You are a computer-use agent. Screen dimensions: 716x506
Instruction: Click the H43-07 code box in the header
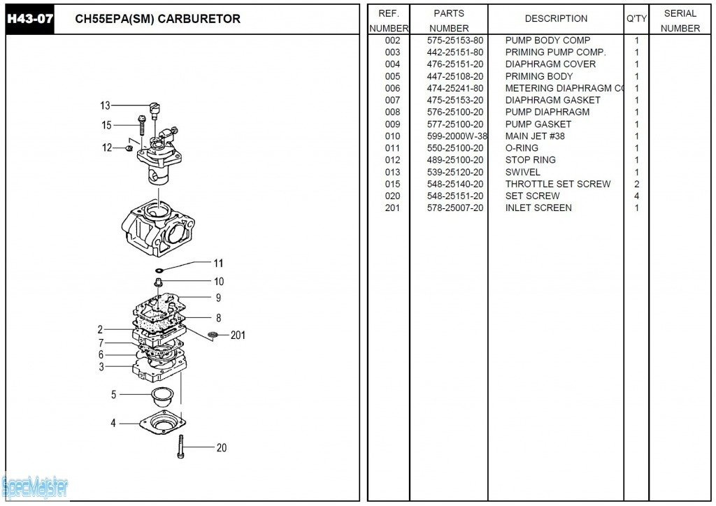click(29, 19)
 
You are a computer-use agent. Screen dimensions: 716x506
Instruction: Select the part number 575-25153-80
click(454, 40)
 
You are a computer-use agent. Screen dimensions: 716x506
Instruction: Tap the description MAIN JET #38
click(535, 136)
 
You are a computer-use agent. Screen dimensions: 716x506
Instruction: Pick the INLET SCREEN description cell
click(538, 208)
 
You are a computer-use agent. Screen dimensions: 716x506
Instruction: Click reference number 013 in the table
click(392, 172)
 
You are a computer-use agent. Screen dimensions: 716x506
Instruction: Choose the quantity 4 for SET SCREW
click(636, 196)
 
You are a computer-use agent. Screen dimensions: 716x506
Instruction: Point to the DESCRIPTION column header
click(556, 19)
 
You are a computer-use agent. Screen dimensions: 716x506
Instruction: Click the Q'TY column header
click(636, 19)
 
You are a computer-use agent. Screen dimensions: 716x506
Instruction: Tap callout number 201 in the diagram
click(238, 335)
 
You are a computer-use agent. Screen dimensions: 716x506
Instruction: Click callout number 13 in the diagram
click(105, 106)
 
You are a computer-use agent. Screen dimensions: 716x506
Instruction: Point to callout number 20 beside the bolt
click(222, 447)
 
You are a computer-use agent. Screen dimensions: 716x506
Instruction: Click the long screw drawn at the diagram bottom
click(181, 446)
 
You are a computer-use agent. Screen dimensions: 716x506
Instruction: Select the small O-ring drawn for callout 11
click(159, 270)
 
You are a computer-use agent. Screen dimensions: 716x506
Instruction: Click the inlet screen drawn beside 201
click(213, 335)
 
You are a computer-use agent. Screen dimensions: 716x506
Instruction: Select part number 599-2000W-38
click(457, 136)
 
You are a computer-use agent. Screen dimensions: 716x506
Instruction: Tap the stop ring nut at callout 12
click(129, 148)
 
